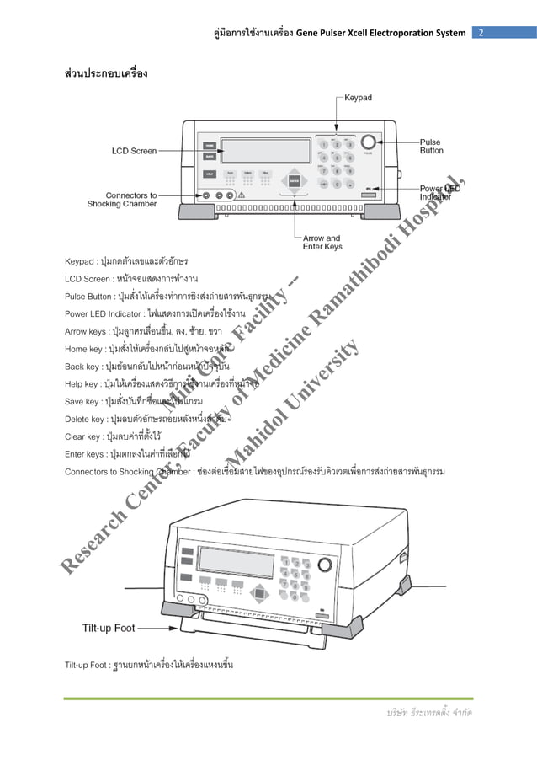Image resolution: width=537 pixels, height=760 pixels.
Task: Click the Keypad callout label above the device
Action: (358, 98)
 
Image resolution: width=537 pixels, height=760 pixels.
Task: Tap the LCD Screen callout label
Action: (135, 151)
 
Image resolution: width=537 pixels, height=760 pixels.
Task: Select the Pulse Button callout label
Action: (432, 147)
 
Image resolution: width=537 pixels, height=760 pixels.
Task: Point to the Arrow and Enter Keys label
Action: (322, 243)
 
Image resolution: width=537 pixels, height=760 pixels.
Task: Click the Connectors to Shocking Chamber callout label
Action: (122, 200)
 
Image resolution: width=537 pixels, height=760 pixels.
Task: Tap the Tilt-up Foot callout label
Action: (109, 628)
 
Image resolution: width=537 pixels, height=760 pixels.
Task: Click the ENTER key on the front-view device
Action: (294, 179)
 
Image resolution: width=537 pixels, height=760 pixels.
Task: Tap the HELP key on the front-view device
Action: (209, 174)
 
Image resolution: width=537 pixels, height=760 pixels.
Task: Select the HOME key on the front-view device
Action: (209, 144)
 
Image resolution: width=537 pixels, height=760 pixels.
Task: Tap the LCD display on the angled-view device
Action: (236, 561)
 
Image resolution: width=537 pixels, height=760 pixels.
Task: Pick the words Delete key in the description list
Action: (85, 419)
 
